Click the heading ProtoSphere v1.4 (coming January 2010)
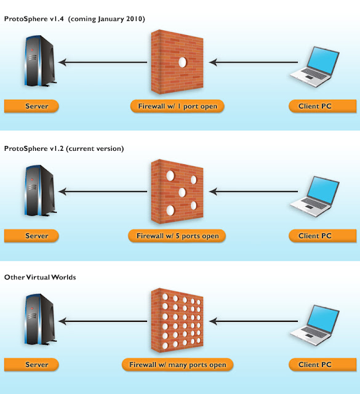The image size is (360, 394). [x=74, y=19]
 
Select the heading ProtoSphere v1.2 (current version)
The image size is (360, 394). [x=64, y=148]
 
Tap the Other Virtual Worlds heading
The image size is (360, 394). [x=40, y=277]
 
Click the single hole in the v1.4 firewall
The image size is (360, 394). [x=182, y=62]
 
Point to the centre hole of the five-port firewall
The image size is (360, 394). [x=182, y=193]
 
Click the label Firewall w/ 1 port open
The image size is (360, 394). [x=177, y=106]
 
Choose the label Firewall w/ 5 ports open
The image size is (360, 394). [x=177, y=236]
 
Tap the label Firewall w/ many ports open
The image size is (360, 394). [x=178, y=364]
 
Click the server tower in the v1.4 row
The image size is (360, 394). [x=40, y=61]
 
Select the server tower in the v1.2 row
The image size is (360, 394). [x=40, y=190]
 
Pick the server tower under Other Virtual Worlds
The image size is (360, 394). [x=40, y=320]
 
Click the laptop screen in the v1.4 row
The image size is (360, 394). [x=323, y=60]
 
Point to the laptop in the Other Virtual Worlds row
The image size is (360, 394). [x=314, y=326]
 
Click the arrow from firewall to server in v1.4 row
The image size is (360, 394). [x=103, y=62]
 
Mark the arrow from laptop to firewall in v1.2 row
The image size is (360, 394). [x=254, y=191]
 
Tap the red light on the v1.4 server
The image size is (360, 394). [x=32, y=50]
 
